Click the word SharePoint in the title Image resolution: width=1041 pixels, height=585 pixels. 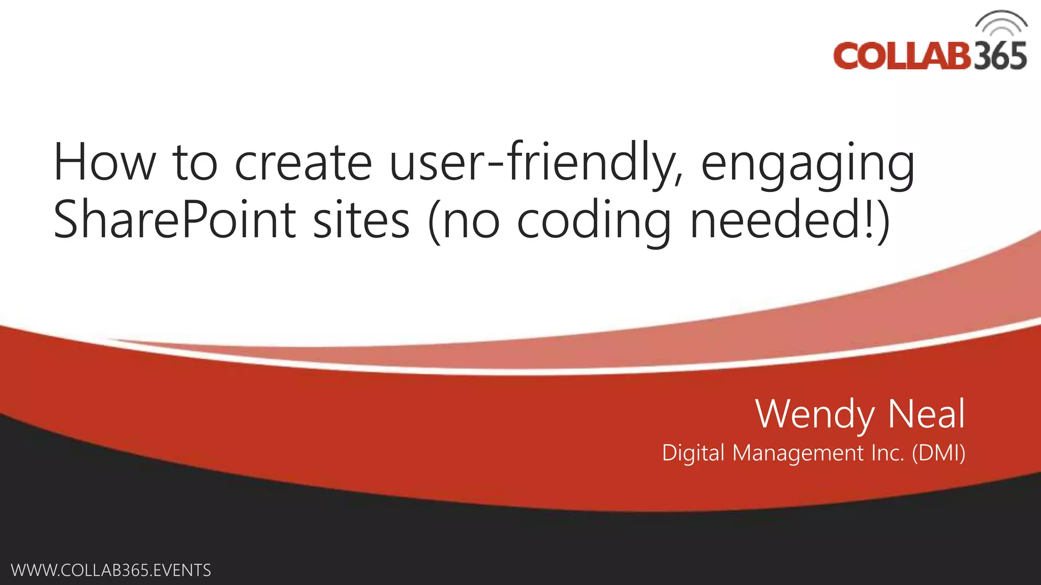[x=174, y=220]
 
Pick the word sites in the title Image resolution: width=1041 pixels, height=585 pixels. [x=361, y=220]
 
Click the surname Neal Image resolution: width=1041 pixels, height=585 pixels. [x=926, y=414]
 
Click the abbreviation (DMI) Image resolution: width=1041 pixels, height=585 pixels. [x=938, y=453]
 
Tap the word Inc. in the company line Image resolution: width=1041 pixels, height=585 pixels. [x=887, y=453]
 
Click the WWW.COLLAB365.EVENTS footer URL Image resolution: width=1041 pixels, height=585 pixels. [x=111, y=570]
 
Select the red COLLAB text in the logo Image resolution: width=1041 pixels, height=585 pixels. [x=902, y=56]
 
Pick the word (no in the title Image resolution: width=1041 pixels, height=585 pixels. [x=464, y=220]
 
